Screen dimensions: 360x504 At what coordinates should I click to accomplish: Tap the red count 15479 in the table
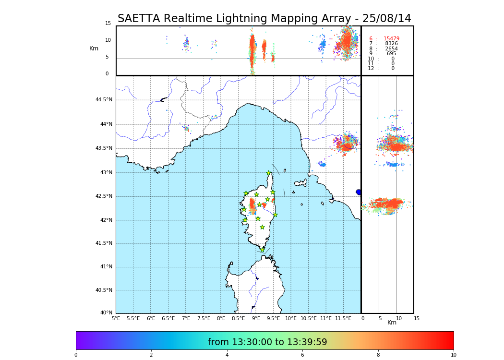pyautogui.click(x=391, y=39)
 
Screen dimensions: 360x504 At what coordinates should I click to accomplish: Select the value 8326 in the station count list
pyautogui.click(x=391, y=44)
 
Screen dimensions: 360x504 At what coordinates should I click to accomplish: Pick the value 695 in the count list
pyautogui.click(x=391, y=54)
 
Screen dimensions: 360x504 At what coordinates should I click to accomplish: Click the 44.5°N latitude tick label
pyautogui.click(x=104, y=100)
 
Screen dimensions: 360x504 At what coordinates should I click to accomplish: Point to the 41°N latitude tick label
pyautogui.click(x=106, y=267)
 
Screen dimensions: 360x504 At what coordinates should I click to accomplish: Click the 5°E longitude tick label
pyautogui.click(x=116, y=318)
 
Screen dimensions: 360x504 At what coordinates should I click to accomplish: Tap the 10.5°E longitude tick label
pyautogui.click(x=309, y=318)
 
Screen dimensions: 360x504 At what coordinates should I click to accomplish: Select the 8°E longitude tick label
pyautogui.click(x=221, y=318)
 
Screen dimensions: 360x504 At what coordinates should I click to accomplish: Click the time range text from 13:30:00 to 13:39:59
pyautogui.click(x=267, y=342)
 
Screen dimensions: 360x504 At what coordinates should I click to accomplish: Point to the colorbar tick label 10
pyautogui.click(x=453, y=355)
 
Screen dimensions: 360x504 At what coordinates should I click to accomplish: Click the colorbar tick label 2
pyautogui.click(x=151, y=355)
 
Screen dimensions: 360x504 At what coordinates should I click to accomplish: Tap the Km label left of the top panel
pyautogui.click(x=94, y=48)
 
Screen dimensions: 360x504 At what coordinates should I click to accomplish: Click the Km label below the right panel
pyautogui.click(x=392, y=323)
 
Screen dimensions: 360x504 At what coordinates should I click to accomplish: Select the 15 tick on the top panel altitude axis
pyautogui.click(x=108, y=24)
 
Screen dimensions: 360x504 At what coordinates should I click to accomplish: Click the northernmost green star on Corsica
pyautogui.click(x=269, y=173)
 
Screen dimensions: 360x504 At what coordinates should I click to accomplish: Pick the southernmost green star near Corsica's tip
pyautogui.click(x=262, y=250)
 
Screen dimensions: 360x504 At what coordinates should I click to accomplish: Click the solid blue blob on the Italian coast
pyautogui.click(x=359, y=192)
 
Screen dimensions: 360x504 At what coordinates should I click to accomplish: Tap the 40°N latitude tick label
pyautogui.click(x=106, y=313)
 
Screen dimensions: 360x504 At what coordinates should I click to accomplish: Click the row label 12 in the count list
pyautogui.click(x=371, y=69)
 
